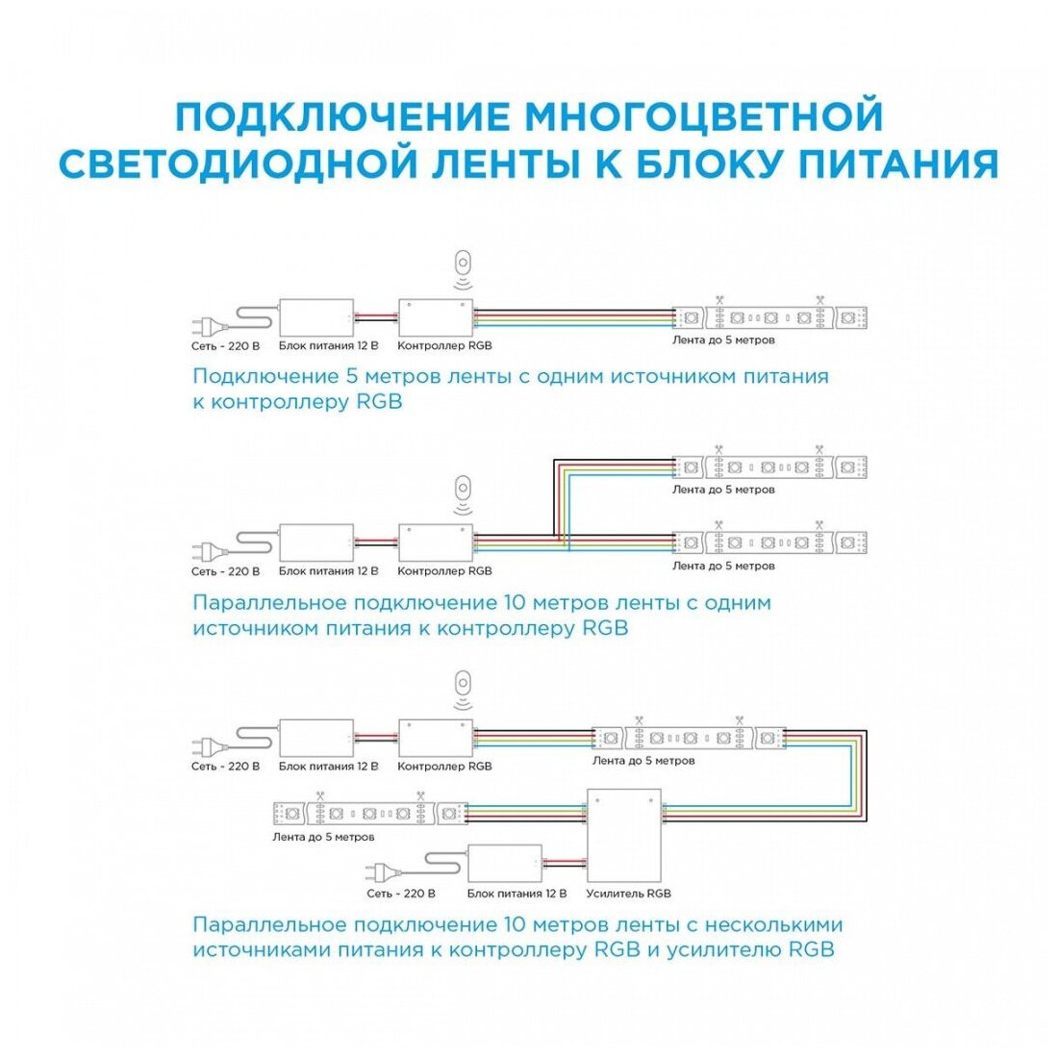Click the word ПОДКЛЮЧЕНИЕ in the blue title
342,116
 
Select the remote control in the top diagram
465,264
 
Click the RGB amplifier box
624,835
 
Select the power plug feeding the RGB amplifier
382,871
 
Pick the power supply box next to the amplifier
505,865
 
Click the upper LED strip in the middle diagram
770,467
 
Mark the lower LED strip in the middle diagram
770,542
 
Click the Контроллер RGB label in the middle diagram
444,571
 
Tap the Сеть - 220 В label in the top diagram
225,344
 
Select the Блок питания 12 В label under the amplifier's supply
516,894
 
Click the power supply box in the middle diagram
316,543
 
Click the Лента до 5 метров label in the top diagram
723,340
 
